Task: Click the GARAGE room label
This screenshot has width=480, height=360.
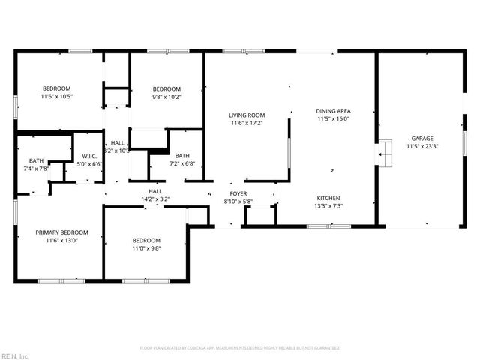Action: tap(421, 139)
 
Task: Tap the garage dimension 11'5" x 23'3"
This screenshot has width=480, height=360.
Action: tap(421, 147)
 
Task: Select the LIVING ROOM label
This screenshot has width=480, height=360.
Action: tap(247, 115)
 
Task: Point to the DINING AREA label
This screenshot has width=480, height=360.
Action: tap(334, 110)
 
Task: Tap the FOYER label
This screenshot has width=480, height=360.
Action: tap(238, 193)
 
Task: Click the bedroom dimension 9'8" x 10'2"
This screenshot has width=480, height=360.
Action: tap(166, 96)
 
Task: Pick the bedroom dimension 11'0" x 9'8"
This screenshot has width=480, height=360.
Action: tap(146, 249)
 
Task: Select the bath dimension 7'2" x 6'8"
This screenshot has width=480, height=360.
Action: tap(182, 163)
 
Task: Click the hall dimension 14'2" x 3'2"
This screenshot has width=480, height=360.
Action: tap(155, 199)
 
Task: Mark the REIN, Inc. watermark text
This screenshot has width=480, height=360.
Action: tap(15, 355)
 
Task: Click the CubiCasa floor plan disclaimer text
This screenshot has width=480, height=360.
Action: tap(240, 348)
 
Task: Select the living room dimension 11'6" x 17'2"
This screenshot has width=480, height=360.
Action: tap(247, 123)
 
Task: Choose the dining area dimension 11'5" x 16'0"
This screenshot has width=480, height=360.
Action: tap(334, 118)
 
